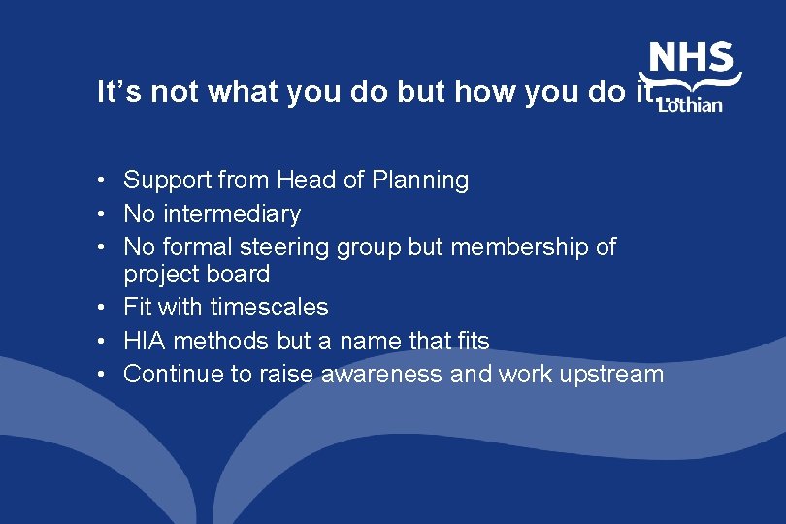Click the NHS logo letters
pyautogui.click(x=691, y=58)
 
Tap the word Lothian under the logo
pyautogui.click(x=690, y=104)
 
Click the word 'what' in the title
pyautogui.click(x=243, y=91)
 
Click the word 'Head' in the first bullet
pyautogui.click(x=305, y=180)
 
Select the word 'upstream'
pyautogui.click(x=608, y=375)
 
